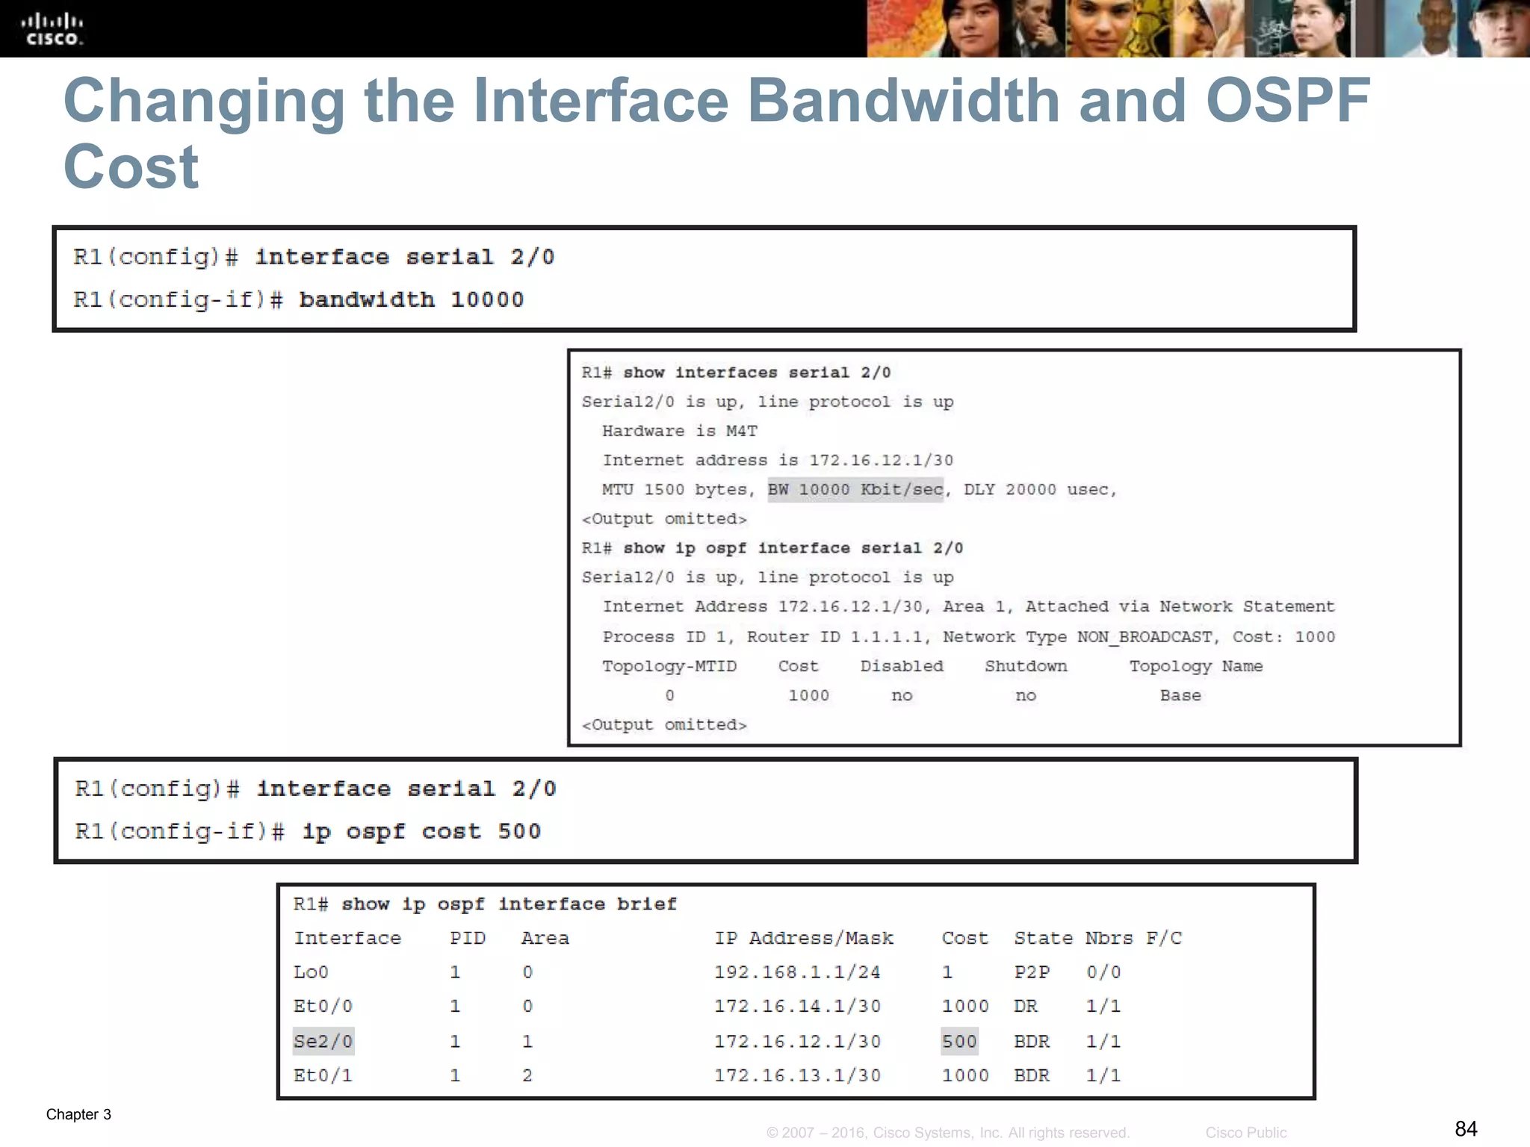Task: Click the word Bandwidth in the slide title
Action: tap(903, 101)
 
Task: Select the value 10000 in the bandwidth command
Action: tap(487, 300)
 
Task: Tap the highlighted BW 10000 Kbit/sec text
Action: tap(855, 490)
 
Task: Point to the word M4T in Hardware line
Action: tap(741, 432)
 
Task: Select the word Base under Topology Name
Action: tap(1180, 696)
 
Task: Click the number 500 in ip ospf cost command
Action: tap(519, 832)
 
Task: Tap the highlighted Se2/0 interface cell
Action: tap(323, 1041)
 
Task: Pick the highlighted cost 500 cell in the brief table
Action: tap(959, 1041)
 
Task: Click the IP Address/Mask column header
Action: tap(804, 939)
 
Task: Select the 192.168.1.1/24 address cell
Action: tap(797, 972)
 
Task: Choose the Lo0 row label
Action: tap(311, 972)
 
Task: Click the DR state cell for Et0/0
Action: tap(1025, 1007)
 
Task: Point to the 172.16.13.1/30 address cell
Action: tap(797, 1075)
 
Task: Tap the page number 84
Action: tap(1466, 1128)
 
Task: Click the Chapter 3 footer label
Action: tap(78, 1114)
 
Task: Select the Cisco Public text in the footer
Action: tap(1245, 1133)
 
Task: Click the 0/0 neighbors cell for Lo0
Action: tap(1103, 972)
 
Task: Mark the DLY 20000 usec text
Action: tap(1038, 490)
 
